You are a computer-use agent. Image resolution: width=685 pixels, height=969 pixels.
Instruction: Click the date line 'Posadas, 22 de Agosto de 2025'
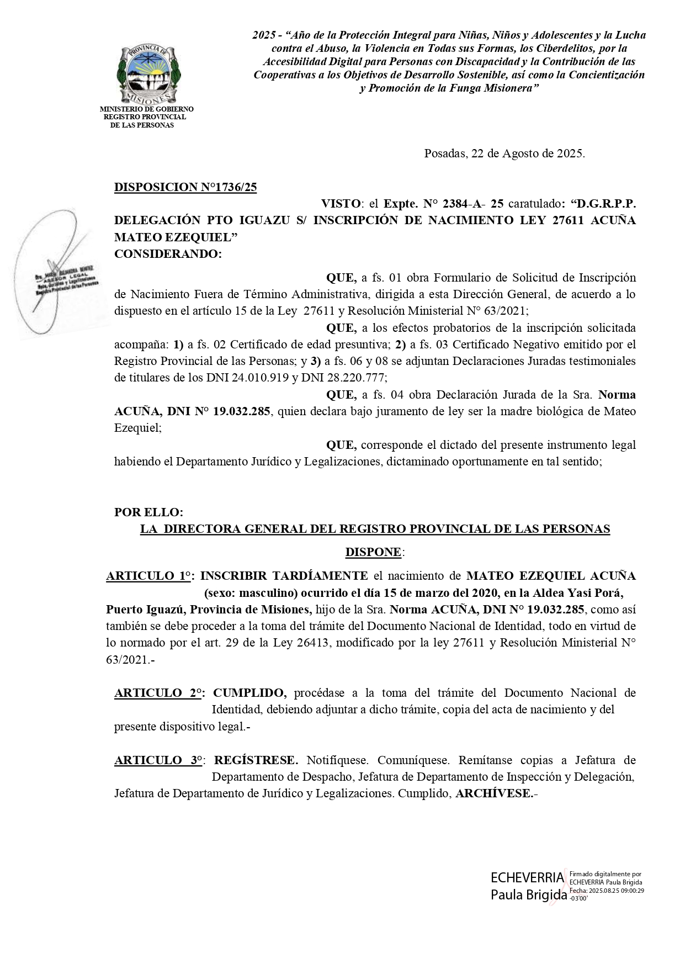(x=504, y=153)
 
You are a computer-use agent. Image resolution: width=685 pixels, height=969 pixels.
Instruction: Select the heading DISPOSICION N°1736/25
(x=185, y=187)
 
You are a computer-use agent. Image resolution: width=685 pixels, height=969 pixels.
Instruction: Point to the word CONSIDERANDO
(x=167, y=254)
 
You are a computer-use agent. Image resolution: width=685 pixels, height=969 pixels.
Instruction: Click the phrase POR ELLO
(x=148, y=512)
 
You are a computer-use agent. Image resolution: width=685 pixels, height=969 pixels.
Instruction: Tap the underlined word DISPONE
(x=374, y=552)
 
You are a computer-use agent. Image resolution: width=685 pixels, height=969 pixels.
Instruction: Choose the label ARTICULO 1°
(x=149, y=576)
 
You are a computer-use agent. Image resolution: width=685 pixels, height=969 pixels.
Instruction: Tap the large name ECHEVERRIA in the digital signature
(x=528, y=877)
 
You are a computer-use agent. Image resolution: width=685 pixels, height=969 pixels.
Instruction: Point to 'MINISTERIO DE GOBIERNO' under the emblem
(x=147, y=109)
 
